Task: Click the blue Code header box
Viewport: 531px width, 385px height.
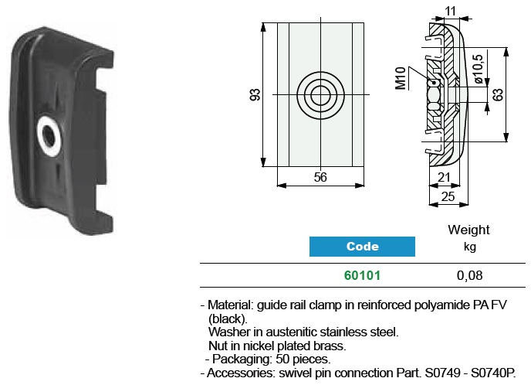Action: (x=362, y=247)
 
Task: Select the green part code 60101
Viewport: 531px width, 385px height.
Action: (x=362, y=275)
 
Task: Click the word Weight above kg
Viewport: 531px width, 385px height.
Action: (x=468, y=230)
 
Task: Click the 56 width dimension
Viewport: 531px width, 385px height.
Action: (x=320, y=177)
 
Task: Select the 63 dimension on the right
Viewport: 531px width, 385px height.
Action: (x=498, y=94)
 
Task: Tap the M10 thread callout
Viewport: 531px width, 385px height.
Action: (x=401, y=79)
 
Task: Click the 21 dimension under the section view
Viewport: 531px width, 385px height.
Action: (x=445, y=178)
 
